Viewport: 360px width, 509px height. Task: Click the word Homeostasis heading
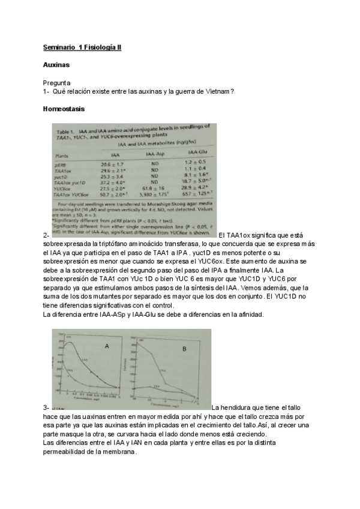(64, 109)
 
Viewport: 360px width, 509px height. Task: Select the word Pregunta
(57, 82)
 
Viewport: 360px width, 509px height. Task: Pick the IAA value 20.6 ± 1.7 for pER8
(112, 164)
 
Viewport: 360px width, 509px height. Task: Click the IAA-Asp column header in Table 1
(155, 154)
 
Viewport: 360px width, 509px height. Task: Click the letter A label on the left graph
(107, 346)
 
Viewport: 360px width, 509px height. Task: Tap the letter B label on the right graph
(184, 349)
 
